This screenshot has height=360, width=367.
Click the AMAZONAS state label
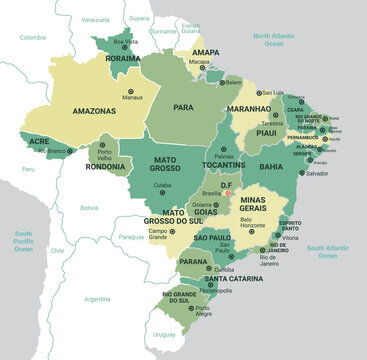pyautogui.click(x=94, y=113)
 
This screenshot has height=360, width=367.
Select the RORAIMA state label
pyautogui.click(x=122, y=59)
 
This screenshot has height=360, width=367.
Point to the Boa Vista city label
pyautogui.click(x=125, y=42)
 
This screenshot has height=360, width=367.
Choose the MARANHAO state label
pyautogui.click(x=249, y=107)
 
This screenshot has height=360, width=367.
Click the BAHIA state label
pyautogui.click(x=270, y=153)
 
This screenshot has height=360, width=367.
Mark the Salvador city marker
pyautogui.click(x=303, y=173)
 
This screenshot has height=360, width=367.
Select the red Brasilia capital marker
pyautogui.click(x=229, y=193)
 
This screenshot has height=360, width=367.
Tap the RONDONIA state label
pyautogui.click(x=106, y=167)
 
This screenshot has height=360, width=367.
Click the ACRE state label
pyautogui.click(x=38, y=142)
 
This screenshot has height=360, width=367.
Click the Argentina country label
pyautogui.click(x=97, y=298)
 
